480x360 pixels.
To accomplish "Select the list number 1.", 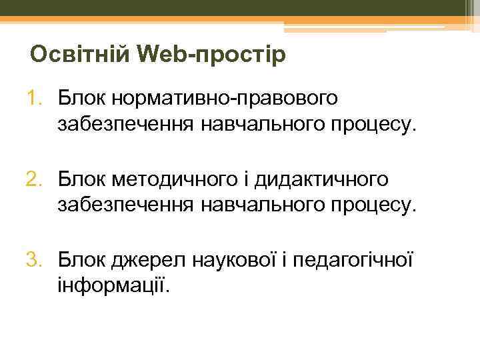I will click(35, 99).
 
